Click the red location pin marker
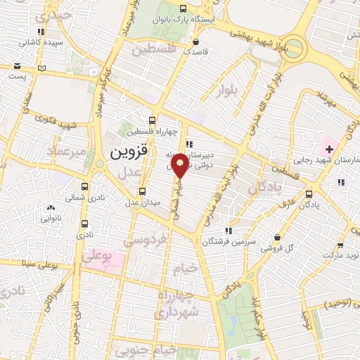pyautogui.click(x=181, y=165)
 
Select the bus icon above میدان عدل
pyautogui.click(x=143, y=191)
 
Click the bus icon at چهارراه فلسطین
pyautogui.click(x=153, y=120)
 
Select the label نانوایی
pyautogui.click(x=50, y=219)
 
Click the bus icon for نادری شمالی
pyautogui.click(x=85, y=187)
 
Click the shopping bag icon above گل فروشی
pyautogui.click(x=279, y=237)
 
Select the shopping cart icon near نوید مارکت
pyautogui.click(x=341, y=245)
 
